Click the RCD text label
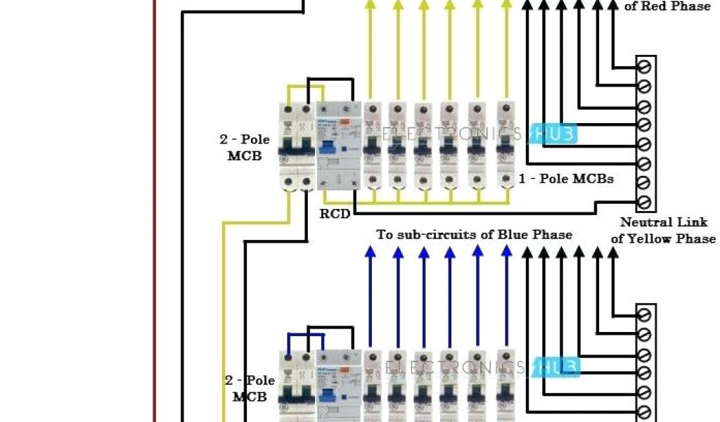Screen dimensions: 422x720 [x=335, y=213]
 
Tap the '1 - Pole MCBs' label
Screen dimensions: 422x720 [x=566, y=179]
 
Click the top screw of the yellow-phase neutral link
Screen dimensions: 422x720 [x=645, y=67]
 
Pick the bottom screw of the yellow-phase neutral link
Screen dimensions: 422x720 [x=645, y=203]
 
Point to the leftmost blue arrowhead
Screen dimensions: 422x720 [x=370, y=252]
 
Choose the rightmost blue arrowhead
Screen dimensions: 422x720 [x=506, y=252]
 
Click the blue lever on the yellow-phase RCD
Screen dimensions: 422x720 [x=328, y=146]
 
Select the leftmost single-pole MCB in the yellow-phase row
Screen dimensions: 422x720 [x=373, y=146]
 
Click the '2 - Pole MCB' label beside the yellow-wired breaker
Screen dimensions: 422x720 [x=245, y=148]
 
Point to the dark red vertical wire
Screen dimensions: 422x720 [x=154, y=211]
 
